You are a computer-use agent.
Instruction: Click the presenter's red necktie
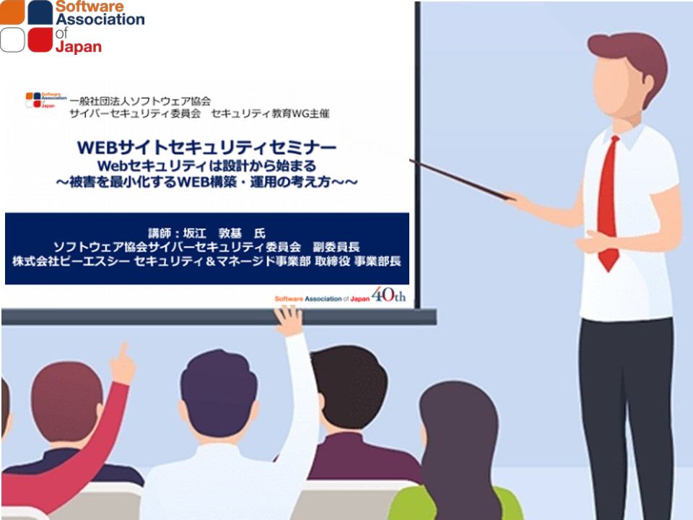pos(608,204)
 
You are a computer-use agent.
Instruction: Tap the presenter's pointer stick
pos(462,180)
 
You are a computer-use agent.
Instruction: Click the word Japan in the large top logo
pos(79,46)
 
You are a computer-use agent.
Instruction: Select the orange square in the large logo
pos(12,12)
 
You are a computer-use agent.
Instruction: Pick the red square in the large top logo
pos(40,40)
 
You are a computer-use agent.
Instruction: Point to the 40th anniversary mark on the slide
pos(388,295)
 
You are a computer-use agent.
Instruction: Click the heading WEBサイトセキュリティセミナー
pos(207,147)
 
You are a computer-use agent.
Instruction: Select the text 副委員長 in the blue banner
pos(336,247)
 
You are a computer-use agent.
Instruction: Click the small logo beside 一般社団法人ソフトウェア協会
pos(45,100)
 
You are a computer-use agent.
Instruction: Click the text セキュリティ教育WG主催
pos(270,113)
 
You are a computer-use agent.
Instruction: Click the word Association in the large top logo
pos(100,19)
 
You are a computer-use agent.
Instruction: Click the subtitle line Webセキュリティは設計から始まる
pos(207,166)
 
